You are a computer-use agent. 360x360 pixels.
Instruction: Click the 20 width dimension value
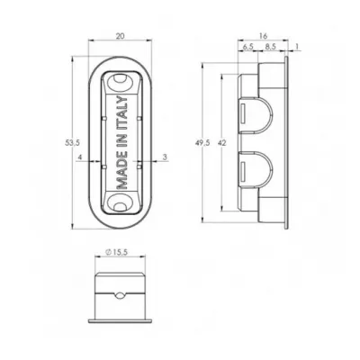coord(120,36)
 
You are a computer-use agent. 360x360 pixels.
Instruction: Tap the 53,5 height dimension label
coord(72,143)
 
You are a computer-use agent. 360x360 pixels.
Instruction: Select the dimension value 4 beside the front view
coord(80,157)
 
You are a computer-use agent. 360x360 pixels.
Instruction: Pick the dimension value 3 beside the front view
coord(165,157)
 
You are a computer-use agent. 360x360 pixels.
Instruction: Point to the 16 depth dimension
coord(263,36)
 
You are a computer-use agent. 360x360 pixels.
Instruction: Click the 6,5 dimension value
coord(247,46)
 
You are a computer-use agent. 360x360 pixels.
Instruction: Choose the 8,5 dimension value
coord(271,46)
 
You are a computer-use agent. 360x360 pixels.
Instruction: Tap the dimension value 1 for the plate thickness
coord(297,46)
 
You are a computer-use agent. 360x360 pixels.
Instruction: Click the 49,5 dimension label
coord(202,143)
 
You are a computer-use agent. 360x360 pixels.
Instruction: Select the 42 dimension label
coord(222,143)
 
